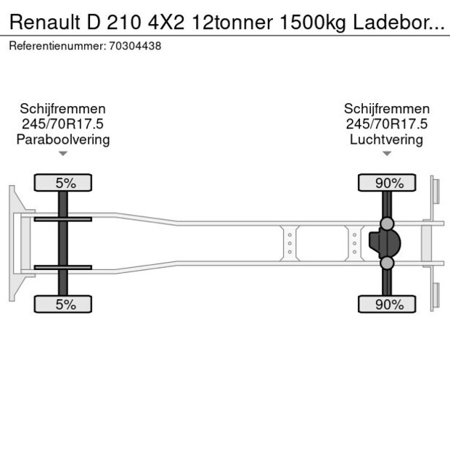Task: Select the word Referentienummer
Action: pos(57,46)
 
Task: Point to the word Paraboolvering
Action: pos(63,139)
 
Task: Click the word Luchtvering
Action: pos(386,139)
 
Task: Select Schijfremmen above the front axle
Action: pos(63,109)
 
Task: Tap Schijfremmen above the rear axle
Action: pos(386,109)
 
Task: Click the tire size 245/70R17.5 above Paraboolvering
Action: pos(63,124)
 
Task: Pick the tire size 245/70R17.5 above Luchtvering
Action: pos(386,124)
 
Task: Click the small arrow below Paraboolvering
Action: pos(63,153)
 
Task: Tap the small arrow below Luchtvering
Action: pos(386,153)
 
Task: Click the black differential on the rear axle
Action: pos(386,243)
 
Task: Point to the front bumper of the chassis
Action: pos(14,243)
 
